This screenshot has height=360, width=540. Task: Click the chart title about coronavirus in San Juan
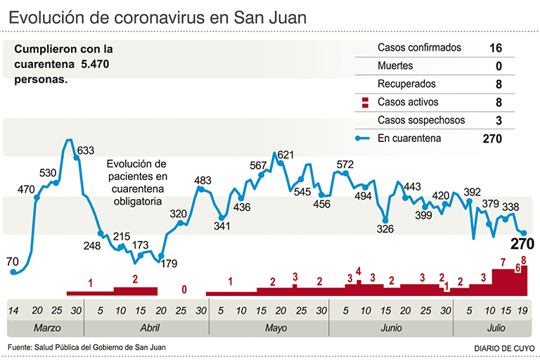tap(158, 18)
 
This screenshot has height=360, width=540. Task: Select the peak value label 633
tap(86, 150)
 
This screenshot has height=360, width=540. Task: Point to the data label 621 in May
tap(285, 155)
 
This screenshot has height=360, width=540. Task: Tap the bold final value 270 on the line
tap(522, 245)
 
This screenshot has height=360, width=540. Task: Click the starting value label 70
tap(12, 262)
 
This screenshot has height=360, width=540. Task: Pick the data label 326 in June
tap(385, 229)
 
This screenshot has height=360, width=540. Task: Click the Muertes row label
tap(395, 66)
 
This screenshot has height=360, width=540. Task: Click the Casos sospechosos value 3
tap(498, 121)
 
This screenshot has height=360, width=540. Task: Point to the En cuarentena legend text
tap(409, 139)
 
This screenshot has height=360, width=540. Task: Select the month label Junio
tap(390, 328)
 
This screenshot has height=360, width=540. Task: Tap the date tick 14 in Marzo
tap(13, 310)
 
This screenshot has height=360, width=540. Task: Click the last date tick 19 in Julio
tap(522, 310)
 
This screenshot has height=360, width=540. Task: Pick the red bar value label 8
tap(524, 260)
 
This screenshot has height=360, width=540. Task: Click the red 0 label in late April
tap(184, 288)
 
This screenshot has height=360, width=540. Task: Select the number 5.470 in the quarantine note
tap(96, 65)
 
